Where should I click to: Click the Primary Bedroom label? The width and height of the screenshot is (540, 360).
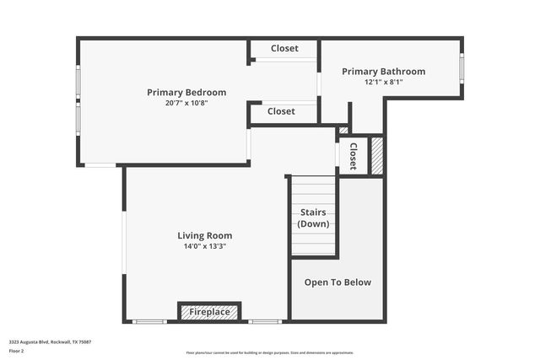[x=186, y=93]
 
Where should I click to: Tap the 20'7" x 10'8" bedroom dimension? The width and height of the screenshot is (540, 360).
[x=186, y=103]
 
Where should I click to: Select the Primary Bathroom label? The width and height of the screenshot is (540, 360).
[x=383, y=72]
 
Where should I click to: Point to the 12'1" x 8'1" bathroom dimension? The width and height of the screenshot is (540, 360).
[x=383, y=82]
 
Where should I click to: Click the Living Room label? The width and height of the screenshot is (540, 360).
[x=204, y=236]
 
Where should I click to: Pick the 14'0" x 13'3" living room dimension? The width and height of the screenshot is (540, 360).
[x=204, y=246]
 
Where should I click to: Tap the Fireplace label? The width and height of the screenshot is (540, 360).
[x=209, y=312]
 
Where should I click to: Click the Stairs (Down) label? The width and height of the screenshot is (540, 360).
[x=314, y=218]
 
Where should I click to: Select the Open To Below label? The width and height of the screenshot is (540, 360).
[x=337, y=282]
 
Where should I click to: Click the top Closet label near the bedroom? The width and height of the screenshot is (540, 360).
[x=284, y=49]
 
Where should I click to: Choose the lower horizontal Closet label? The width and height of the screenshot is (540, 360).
[x=281, y=111]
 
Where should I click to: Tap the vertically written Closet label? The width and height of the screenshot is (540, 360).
[x=353, y=156]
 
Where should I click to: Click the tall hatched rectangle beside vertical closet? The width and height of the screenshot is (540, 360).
[x=377, y=156]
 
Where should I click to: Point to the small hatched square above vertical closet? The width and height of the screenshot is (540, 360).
[x=343, y=131]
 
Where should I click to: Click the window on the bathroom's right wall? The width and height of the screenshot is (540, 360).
[x=462, y=68]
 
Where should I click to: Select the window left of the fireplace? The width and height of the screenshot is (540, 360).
[x=149, y=321]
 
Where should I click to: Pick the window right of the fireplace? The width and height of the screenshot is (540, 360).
[x=264, y=321]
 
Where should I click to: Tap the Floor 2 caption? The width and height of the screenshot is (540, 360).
[x=17, y=350]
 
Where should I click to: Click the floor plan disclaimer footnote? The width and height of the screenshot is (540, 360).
[x=270, y=352]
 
